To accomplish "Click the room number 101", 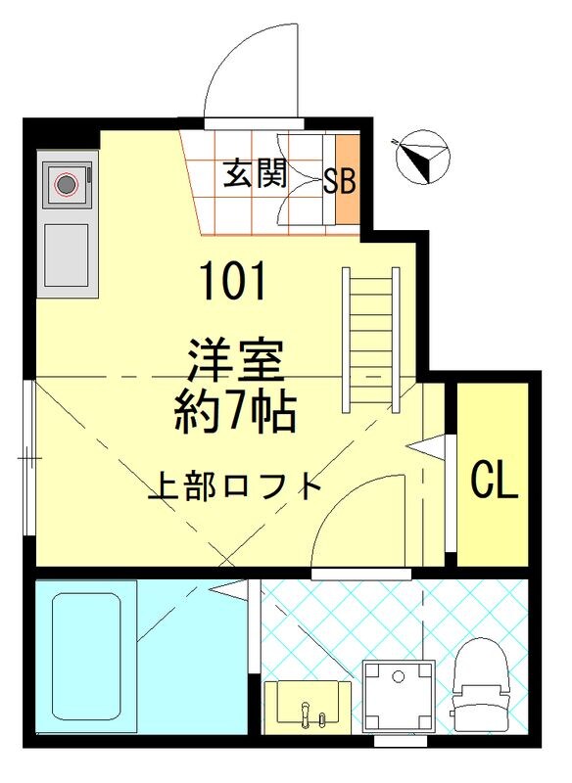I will click(233, 283).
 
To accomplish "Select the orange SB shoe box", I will click(340, 181).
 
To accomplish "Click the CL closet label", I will click(494, 480).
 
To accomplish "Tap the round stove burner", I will click(67, 183).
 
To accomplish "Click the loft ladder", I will click(370, 340).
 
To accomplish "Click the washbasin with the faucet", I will click(307, 706).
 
